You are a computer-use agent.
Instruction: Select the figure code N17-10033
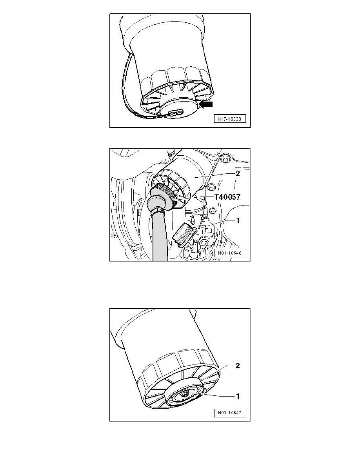pyautogui.click(x=230, y=119)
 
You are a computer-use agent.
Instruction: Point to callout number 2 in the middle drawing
pyautogui.click(x=237, y=174)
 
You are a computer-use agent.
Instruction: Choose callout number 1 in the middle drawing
pyautogui.click(x=237, y=220)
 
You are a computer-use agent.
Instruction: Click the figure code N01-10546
pyautogui.click(x=230, y=253)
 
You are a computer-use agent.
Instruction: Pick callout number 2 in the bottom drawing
pyautogui.click(x=237, y=366)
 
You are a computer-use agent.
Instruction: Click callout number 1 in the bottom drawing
pyautogui.click(x=237, y=396)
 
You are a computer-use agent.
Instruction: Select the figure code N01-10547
pyautogui.click(x=230, y=413)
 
